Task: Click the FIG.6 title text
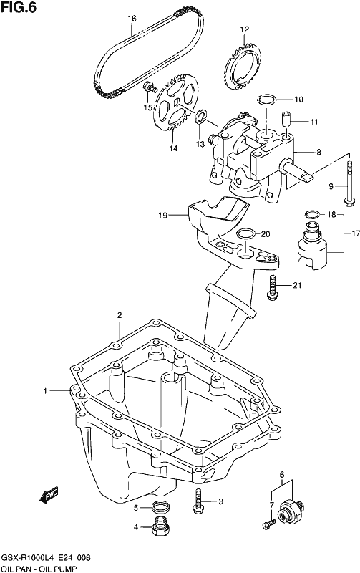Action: (19, 7)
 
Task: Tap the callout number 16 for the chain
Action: (132, 19)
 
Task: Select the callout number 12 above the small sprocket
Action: (244, 29)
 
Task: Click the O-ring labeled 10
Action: (266, 99)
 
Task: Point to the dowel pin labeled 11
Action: (286, 120)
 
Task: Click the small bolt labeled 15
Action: (150, 87)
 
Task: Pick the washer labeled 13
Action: (200, 117)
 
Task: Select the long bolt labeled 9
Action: (349, 182)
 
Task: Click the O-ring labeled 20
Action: (245, 234)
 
